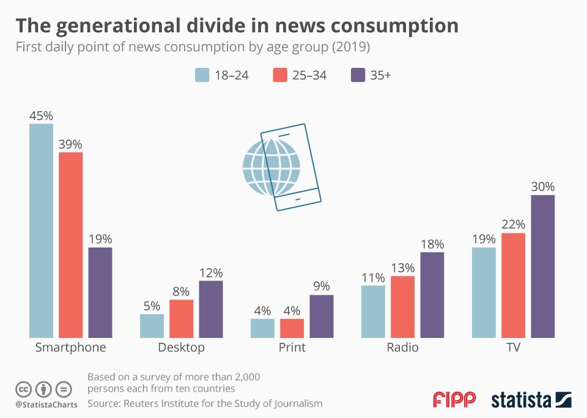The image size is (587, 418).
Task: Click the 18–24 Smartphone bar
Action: [42, 230]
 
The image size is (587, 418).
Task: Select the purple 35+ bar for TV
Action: [542, 266]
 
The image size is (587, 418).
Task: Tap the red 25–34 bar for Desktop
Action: [182, 318]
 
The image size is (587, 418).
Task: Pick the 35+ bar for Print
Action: [322, 316]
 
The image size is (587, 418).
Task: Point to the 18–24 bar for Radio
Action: [373, 311]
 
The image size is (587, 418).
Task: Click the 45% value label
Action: [42, 116]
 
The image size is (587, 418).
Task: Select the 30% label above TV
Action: [542, 187]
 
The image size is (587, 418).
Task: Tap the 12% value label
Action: [211, 273]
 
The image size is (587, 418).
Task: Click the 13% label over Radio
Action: [403, 268]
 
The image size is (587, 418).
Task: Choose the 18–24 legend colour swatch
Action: [202, 75]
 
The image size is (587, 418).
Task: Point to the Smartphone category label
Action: [70, 348]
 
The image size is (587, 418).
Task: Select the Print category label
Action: [292, 348]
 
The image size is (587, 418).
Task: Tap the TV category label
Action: [513, 348]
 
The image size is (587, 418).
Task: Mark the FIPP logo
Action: [454, 400]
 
